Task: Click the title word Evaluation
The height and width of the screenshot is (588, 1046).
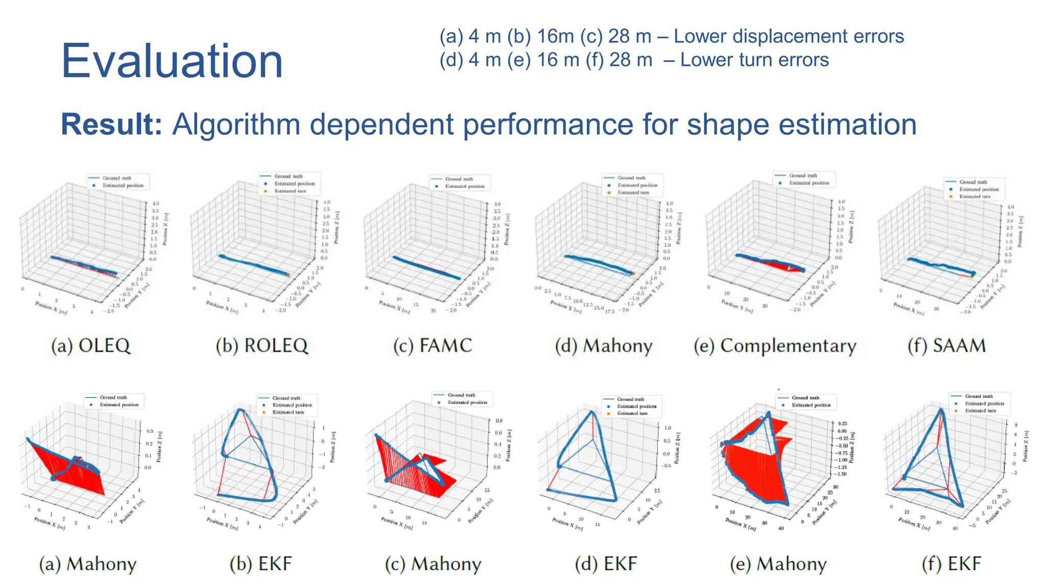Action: [172, 61]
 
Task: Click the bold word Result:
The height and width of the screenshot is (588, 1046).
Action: [111, 125]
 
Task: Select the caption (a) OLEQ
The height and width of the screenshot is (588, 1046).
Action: [91, 346]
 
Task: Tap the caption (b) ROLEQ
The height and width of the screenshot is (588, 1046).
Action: [262, 346]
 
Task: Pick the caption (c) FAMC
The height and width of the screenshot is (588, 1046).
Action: [433, 346]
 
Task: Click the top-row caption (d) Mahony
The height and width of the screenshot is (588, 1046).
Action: [604, 346]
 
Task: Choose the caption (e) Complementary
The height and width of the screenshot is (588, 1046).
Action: [775, 346]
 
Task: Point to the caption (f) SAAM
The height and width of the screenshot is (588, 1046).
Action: [946, 346]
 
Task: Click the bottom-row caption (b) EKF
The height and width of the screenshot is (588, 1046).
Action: [260, 564]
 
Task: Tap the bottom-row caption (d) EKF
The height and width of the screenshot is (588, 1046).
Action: [606, 564]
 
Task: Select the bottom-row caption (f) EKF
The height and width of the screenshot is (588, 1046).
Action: [951, 564]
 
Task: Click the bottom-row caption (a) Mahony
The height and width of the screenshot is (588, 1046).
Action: [88, 564]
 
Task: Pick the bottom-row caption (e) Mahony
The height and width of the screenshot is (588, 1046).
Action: [778, 564]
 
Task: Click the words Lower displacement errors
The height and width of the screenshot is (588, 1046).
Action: [789, 36]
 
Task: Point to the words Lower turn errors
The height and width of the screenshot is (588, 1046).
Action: [754, 60]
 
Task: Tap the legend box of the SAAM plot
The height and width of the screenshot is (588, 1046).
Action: [974, 189]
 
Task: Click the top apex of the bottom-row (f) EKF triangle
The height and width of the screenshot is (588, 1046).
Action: [940, 410]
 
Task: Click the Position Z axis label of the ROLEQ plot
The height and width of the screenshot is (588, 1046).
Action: [337, 227]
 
